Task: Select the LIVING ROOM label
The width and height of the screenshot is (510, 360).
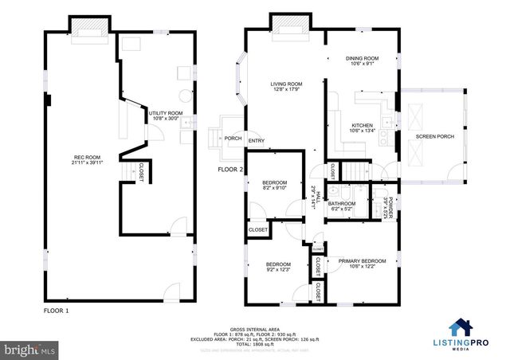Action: tap(286, 86)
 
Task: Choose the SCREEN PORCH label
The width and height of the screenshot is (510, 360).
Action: tap(434, 136)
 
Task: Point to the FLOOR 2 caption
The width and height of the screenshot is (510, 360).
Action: tap(230, 170)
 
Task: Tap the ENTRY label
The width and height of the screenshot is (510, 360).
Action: tap(257, 142)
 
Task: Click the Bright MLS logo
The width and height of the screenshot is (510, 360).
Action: tap(30, 349)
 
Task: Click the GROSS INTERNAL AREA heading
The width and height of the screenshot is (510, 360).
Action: tap(254, 327)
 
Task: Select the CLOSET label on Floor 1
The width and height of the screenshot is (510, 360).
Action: tap(141, 172)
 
